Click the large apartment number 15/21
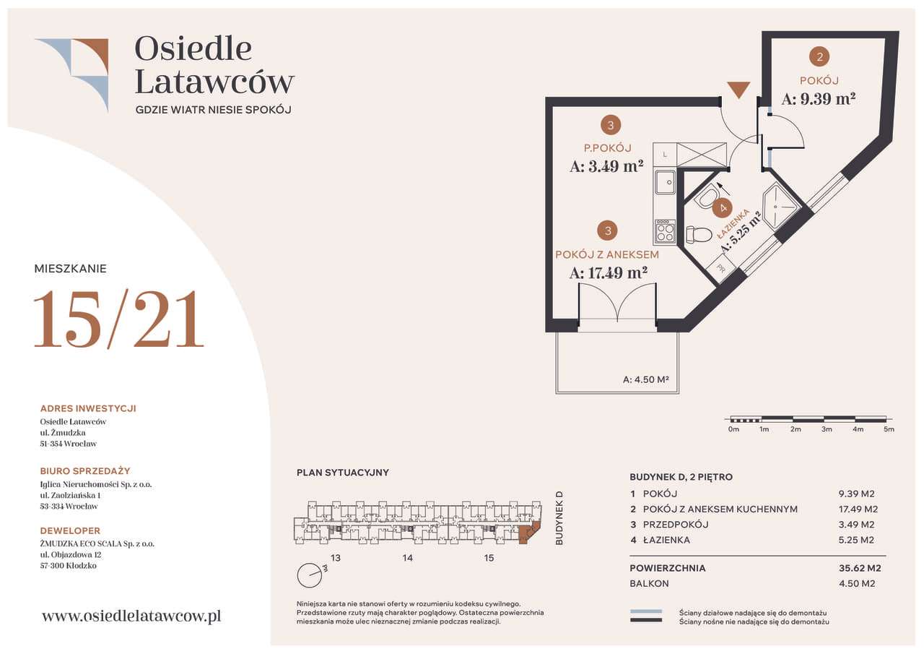pyautogui.click(x=119, y=319)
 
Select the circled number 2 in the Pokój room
pyautogui.click(x=819, y=56)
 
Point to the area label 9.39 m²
pyautogui.click(x=819, y=100)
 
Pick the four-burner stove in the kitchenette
pyautogui.click(x=665, y=231)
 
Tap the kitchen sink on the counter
pyautogui.click(x=666, y=183)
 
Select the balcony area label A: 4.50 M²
pyautogui.click(x=645, y=379)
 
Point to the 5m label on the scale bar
pyautogui.click(x=889, y=429)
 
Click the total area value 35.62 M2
pyautogui.click(x=860, y=568)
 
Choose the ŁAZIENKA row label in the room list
pyautogui.click(x=666, y=540)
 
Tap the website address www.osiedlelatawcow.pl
pyautogui.click(x=131, y=616)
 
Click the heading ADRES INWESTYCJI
pyautogui.click(x=88, y=408)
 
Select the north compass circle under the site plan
pyautogui.click(x=309, y=575)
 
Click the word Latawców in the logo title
pyautogui.click(x=214, y=82)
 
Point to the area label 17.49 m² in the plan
pyautogui.click(x=609, y=273)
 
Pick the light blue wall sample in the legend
pyautogui.click(x=645, y=611)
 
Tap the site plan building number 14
pyautogui.click(x=408, y=558)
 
